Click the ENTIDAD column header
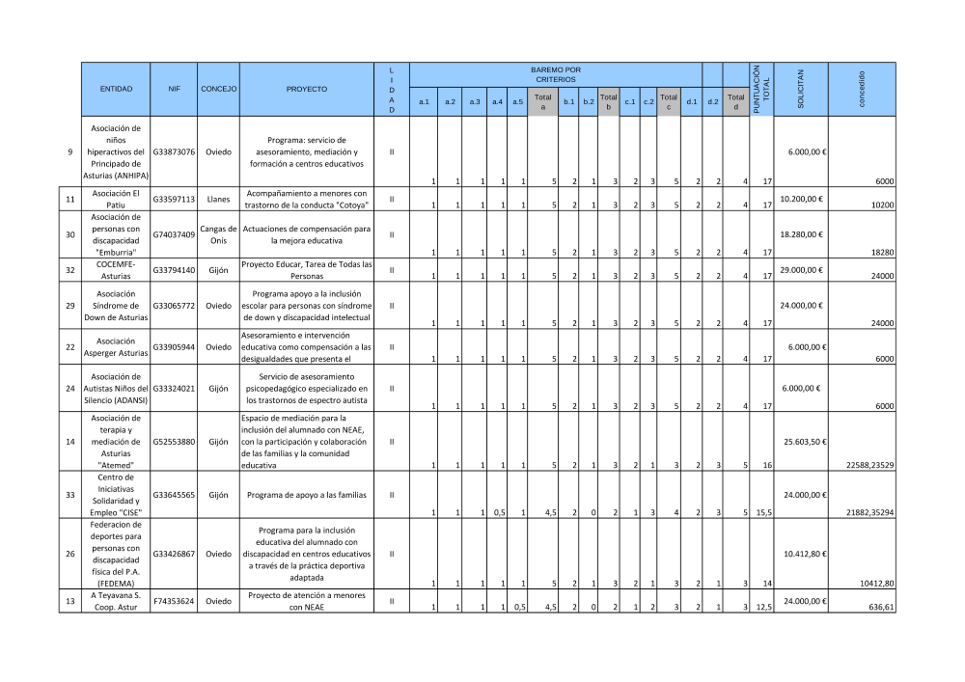(116, 89)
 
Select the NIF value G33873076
(174, 152)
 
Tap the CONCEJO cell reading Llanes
(218, 200)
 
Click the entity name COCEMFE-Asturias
(116, 270)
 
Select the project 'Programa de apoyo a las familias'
(307, 495)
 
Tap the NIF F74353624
(174, 601)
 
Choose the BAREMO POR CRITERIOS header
(556, 74)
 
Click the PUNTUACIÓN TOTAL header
(762, 89)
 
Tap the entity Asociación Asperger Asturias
(116, 346)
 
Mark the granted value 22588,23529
(870, 465)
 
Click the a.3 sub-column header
(475, 100)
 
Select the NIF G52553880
(174, 442)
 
